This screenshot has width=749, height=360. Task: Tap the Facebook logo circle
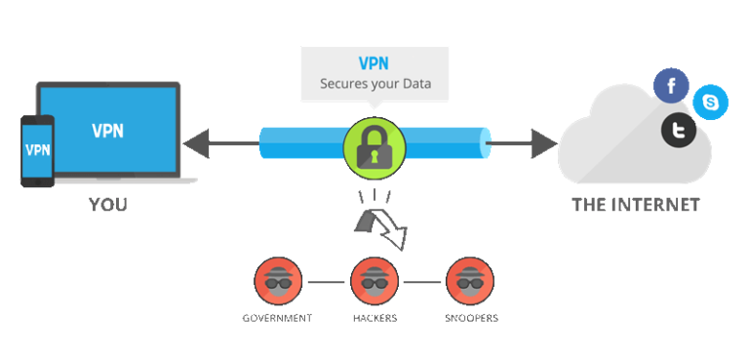pos(671,86)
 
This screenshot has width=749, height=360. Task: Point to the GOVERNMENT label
pos(277,318)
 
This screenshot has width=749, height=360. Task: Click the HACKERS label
pos(375,318)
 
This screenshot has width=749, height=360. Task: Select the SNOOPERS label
pos(471,318)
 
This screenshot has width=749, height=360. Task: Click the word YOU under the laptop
pos(107,206)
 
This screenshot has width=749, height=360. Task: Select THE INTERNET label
pos(635,206)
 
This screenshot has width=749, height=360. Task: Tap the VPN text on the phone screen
pos(37,150)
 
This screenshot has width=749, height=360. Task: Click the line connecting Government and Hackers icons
pos(327,283)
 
